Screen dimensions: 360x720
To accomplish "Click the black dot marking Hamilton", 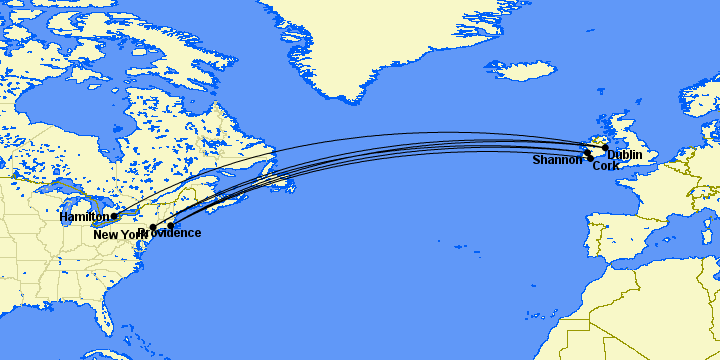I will [x=114, y=215].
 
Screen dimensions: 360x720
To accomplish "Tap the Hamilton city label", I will [x=84, y=217].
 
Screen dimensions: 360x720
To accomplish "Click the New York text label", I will [x=118, y=234].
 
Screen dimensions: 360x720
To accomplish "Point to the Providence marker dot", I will [x=171, y=225].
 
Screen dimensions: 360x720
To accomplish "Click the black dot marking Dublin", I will [x=605, y=148].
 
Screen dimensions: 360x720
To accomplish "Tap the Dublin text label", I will [x=624, y=155].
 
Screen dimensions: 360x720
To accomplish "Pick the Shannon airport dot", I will [x=587, y=152].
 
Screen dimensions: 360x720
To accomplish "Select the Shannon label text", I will [x=556, y=160].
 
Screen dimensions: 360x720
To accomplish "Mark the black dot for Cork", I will [x=591, y=158].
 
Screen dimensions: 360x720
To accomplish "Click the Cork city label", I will [x=605, y=166].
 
